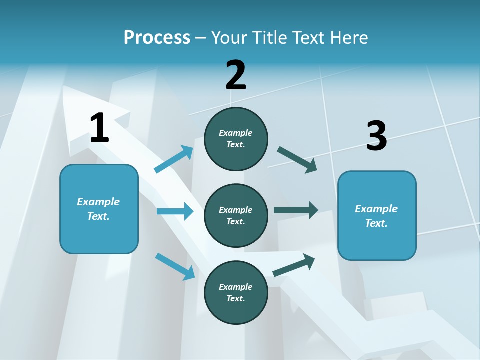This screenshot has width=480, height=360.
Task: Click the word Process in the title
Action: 157,37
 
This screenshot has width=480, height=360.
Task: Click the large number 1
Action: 99,128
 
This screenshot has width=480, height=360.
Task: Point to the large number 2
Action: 236,75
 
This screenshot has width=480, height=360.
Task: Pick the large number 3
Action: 376,136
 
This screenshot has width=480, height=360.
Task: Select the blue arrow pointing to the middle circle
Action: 175,211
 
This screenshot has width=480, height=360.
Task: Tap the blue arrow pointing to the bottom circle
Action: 175,266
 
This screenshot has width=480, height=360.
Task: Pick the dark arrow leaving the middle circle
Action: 296,210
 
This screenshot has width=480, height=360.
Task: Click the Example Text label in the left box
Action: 98,209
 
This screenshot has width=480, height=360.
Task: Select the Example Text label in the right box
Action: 376,216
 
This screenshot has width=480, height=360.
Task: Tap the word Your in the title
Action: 230,37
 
